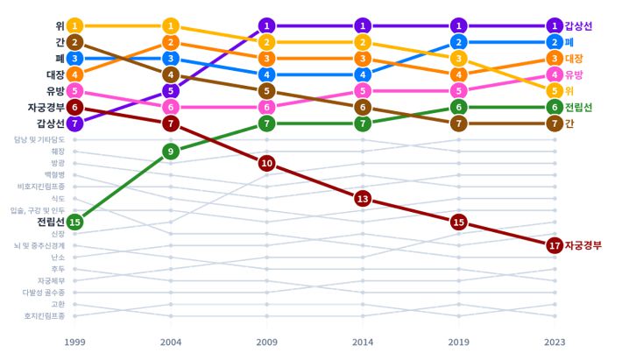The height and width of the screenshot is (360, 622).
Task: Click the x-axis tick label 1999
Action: click(x=75, y=342)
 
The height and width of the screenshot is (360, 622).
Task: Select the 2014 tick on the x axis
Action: click(x=363, y=342)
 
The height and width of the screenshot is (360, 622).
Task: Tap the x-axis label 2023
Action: click(x=554, y=342)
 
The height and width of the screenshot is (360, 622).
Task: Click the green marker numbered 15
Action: click(x=75, y=222)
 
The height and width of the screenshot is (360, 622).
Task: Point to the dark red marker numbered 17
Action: click(x=554, y=245)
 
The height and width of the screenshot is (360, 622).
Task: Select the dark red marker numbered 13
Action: click(x=363, y=199)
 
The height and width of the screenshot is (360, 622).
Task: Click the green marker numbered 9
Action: click(x=172, y=152)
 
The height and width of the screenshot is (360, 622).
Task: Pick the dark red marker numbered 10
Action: click(x=267, y=164)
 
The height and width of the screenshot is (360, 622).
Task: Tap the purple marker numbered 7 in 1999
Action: click(x=75, y=124)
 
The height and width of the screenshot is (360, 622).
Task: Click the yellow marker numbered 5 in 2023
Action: click(x=554, y=90)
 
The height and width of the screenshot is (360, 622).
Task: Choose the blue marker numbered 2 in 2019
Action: click(x=458, y=42)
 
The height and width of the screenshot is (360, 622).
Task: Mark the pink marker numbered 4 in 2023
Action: click(x=554, y=74)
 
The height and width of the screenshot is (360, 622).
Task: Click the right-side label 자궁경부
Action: click(x=583, y=245)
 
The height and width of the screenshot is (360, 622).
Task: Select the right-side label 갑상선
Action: click(x=579, y=26)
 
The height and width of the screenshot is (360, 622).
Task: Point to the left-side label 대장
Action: click(x=56, y=74)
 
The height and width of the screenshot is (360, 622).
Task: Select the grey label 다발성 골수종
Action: click(x=45, y=293)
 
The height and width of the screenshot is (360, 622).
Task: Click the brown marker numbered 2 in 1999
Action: click(x=75, y=42)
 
